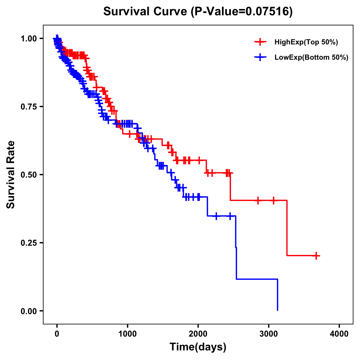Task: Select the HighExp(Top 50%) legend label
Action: pos(306,42)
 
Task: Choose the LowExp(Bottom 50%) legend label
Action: pos(311,58)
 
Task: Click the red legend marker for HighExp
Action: pos(260,42)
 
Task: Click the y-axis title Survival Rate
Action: pos(11,174)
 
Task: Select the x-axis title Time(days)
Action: pos(198,347)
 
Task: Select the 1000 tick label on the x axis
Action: pos(127,334)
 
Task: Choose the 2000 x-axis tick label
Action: pos(198,334)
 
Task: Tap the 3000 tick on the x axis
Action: pos(268,334)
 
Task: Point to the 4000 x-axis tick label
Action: pos(339,334)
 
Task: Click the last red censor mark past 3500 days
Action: pos(316,256)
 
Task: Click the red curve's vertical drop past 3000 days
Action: pos(287,228)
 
